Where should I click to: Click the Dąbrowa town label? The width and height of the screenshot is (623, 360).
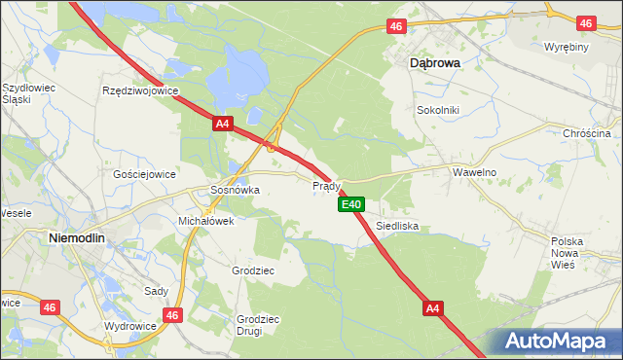point(433,60)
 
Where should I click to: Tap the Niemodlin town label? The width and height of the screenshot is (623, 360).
point(77,236)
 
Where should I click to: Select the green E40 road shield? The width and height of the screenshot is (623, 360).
point(351,204)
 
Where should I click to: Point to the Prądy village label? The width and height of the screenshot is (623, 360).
point(325,185)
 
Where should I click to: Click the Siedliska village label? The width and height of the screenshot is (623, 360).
point(397,225)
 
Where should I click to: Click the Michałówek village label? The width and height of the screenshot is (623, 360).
point(205,221)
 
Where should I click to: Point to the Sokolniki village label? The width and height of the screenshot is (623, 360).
point(437,111)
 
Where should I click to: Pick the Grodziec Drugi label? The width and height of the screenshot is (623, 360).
point(258,324)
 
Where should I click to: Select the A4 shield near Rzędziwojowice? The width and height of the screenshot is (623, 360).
point(223,124)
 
